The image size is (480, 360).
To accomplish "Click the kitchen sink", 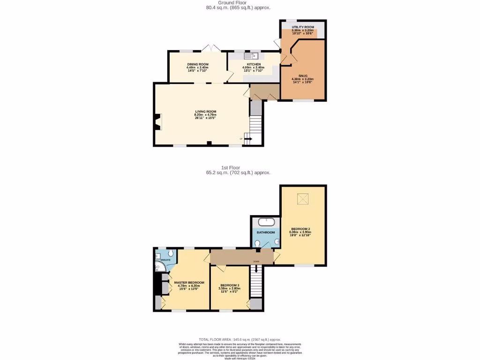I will click(x=247, y=56).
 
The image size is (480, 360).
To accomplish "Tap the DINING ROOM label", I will click(x=198, y=64).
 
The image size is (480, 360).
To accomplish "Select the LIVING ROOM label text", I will click(x=206, y=112).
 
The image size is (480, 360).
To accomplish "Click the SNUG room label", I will click(x=302, y=75).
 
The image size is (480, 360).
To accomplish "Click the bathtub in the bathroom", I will click(x=266, y=221).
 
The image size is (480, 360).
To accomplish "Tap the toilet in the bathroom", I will click(x=258, y=243).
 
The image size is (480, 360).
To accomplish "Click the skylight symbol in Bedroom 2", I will click(x=302, y=201).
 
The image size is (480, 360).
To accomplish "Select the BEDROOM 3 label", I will click(x=229, y=285).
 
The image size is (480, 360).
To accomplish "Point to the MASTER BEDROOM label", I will click(x=189, y=283).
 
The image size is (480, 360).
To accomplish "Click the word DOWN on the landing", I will click(x=256, y=262).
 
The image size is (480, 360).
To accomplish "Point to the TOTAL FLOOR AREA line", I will click(x=240, y=339).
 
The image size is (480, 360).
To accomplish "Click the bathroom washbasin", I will click(x=276, y=242).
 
